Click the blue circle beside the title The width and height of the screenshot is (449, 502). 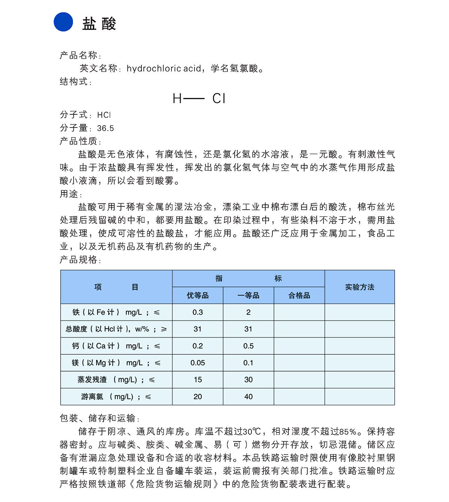(x=63, y=22)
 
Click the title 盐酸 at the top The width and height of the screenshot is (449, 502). (x=99, y=24)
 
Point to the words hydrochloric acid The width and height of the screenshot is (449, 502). (x=164, y=68)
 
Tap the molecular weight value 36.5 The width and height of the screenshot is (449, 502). (x=106, y=128)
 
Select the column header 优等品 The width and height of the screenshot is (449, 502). (x=198, y=296)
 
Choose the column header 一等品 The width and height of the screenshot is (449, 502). (x=248, y=296)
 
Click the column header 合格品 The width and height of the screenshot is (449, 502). (x=299, y=296)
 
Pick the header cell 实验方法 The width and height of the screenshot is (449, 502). (x=360, y=287)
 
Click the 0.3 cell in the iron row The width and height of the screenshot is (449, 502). (x=198, y=312)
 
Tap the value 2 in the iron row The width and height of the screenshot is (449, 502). (x=248, y=312)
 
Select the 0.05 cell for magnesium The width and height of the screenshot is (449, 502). (x=198, y=363)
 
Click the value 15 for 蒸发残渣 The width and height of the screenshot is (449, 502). (x=198, y=380)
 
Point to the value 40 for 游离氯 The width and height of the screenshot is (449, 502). (x=248, y=397)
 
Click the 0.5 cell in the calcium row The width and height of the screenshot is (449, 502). (x=248, y=346)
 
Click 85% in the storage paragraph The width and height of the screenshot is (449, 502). (x=348, y=432)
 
